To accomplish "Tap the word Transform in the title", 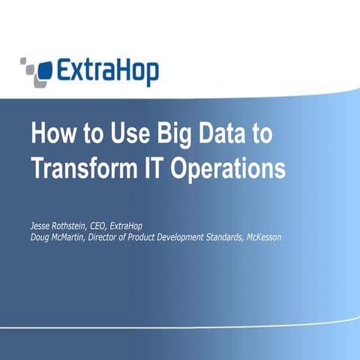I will click(x=87, y=168).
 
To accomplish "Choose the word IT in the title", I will click(x=160, y=168).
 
